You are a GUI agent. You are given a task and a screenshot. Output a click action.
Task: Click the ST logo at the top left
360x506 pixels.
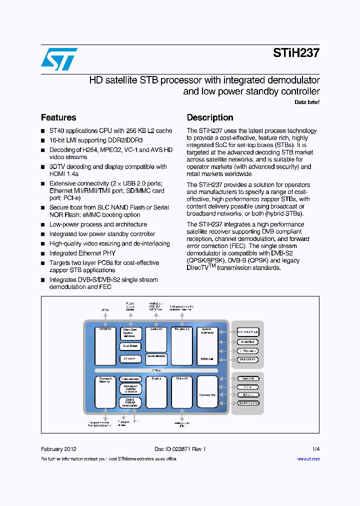pos(59,59)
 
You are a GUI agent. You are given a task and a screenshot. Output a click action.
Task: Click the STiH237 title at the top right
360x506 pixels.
pos(296,53)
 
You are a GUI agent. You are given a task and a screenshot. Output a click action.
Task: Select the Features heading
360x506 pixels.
pos(58,117)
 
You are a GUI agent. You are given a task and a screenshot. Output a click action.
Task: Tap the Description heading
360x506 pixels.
pos(210,117)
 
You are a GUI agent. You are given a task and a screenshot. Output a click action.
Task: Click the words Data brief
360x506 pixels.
pos(307,102)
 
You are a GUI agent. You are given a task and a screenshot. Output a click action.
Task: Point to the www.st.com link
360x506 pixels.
pos(308,459)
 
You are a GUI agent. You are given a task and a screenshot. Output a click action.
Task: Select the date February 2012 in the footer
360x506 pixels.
pos(58,449)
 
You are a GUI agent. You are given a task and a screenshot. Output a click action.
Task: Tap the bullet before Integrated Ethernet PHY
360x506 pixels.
pos(43,253)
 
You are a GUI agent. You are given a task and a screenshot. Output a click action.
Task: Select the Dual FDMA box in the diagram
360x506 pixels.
pos(130,346)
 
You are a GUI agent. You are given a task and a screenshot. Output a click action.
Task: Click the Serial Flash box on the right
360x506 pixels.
pos(247,341)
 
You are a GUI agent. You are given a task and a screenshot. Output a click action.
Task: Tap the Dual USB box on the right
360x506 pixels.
pos(247,378)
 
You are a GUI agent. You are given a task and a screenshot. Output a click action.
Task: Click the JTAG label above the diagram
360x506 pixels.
pos(105,310)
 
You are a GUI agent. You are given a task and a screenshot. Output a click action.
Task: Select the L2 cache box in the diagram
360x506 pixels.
pos(130,358)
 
